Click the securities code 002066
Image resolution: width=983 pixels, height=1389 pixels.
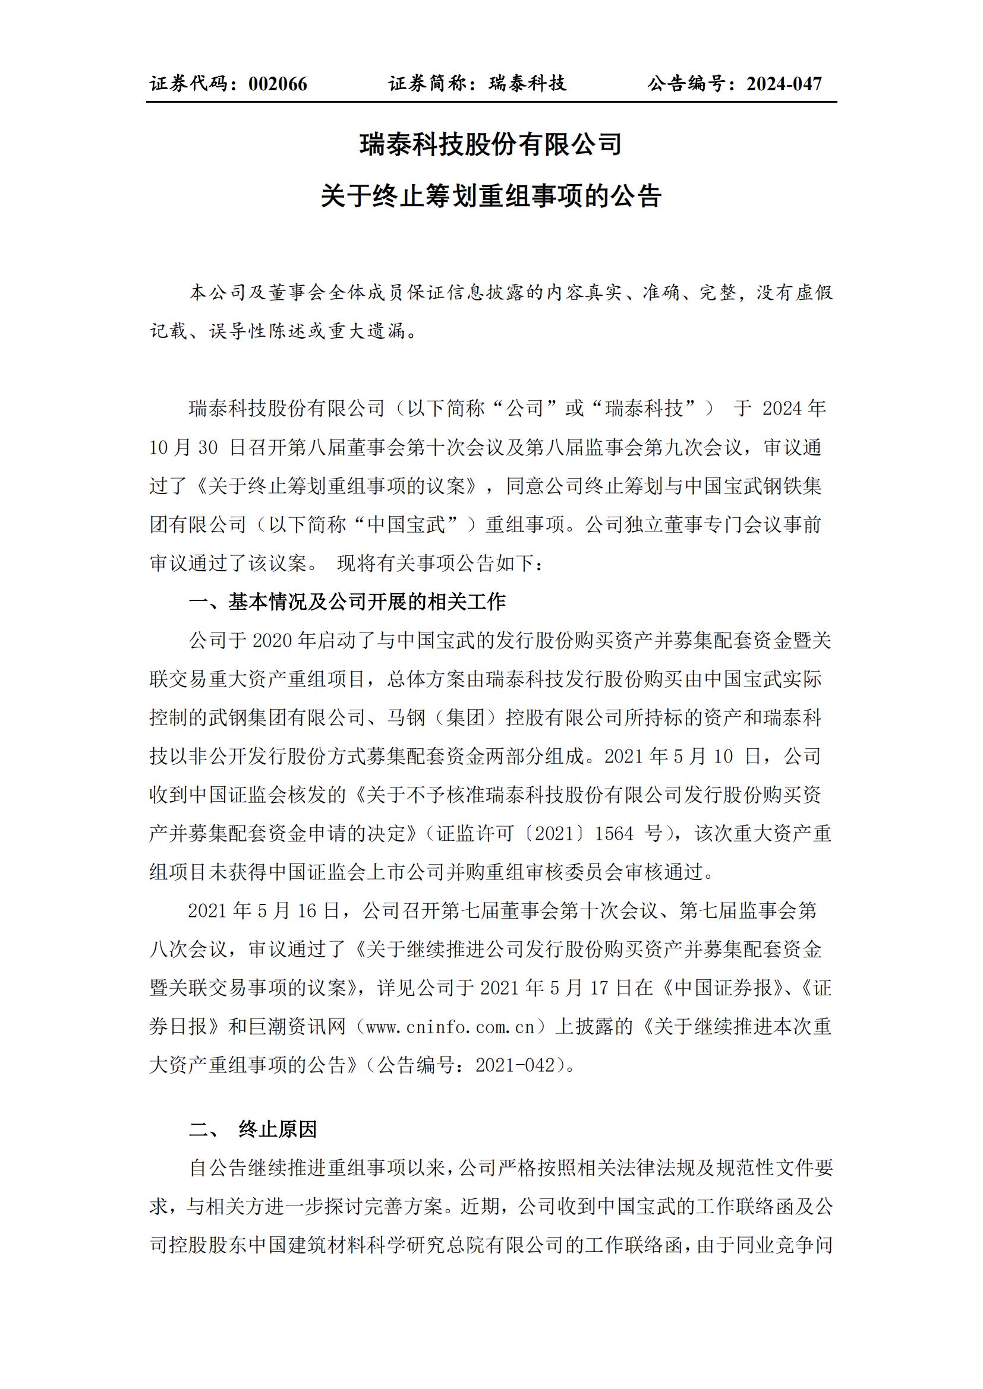pyautogui.click(x=278, y=84)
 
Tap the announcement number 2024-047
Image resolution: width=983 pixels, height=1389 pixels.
pyautogui.click(x=784, y=84)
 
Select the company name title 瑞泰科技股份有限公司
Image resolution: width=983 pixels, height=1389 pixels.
pyautogui.click(x=491, y=145)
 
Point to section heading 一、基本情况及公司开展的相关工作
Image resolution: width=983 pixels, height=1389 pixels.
pyautogui.click(x=347, y=602)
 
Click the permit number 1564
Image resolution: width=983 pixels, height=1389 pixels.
pyautogui.click(x=613, y=834)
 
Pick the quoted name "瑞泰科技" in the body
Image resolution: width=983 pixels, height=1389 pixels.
pyautogui.click(x=650, y=409)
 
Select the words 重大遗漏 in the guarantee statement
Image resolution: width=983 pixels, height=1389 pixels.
pyautogui.click(x=367, y=331)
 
